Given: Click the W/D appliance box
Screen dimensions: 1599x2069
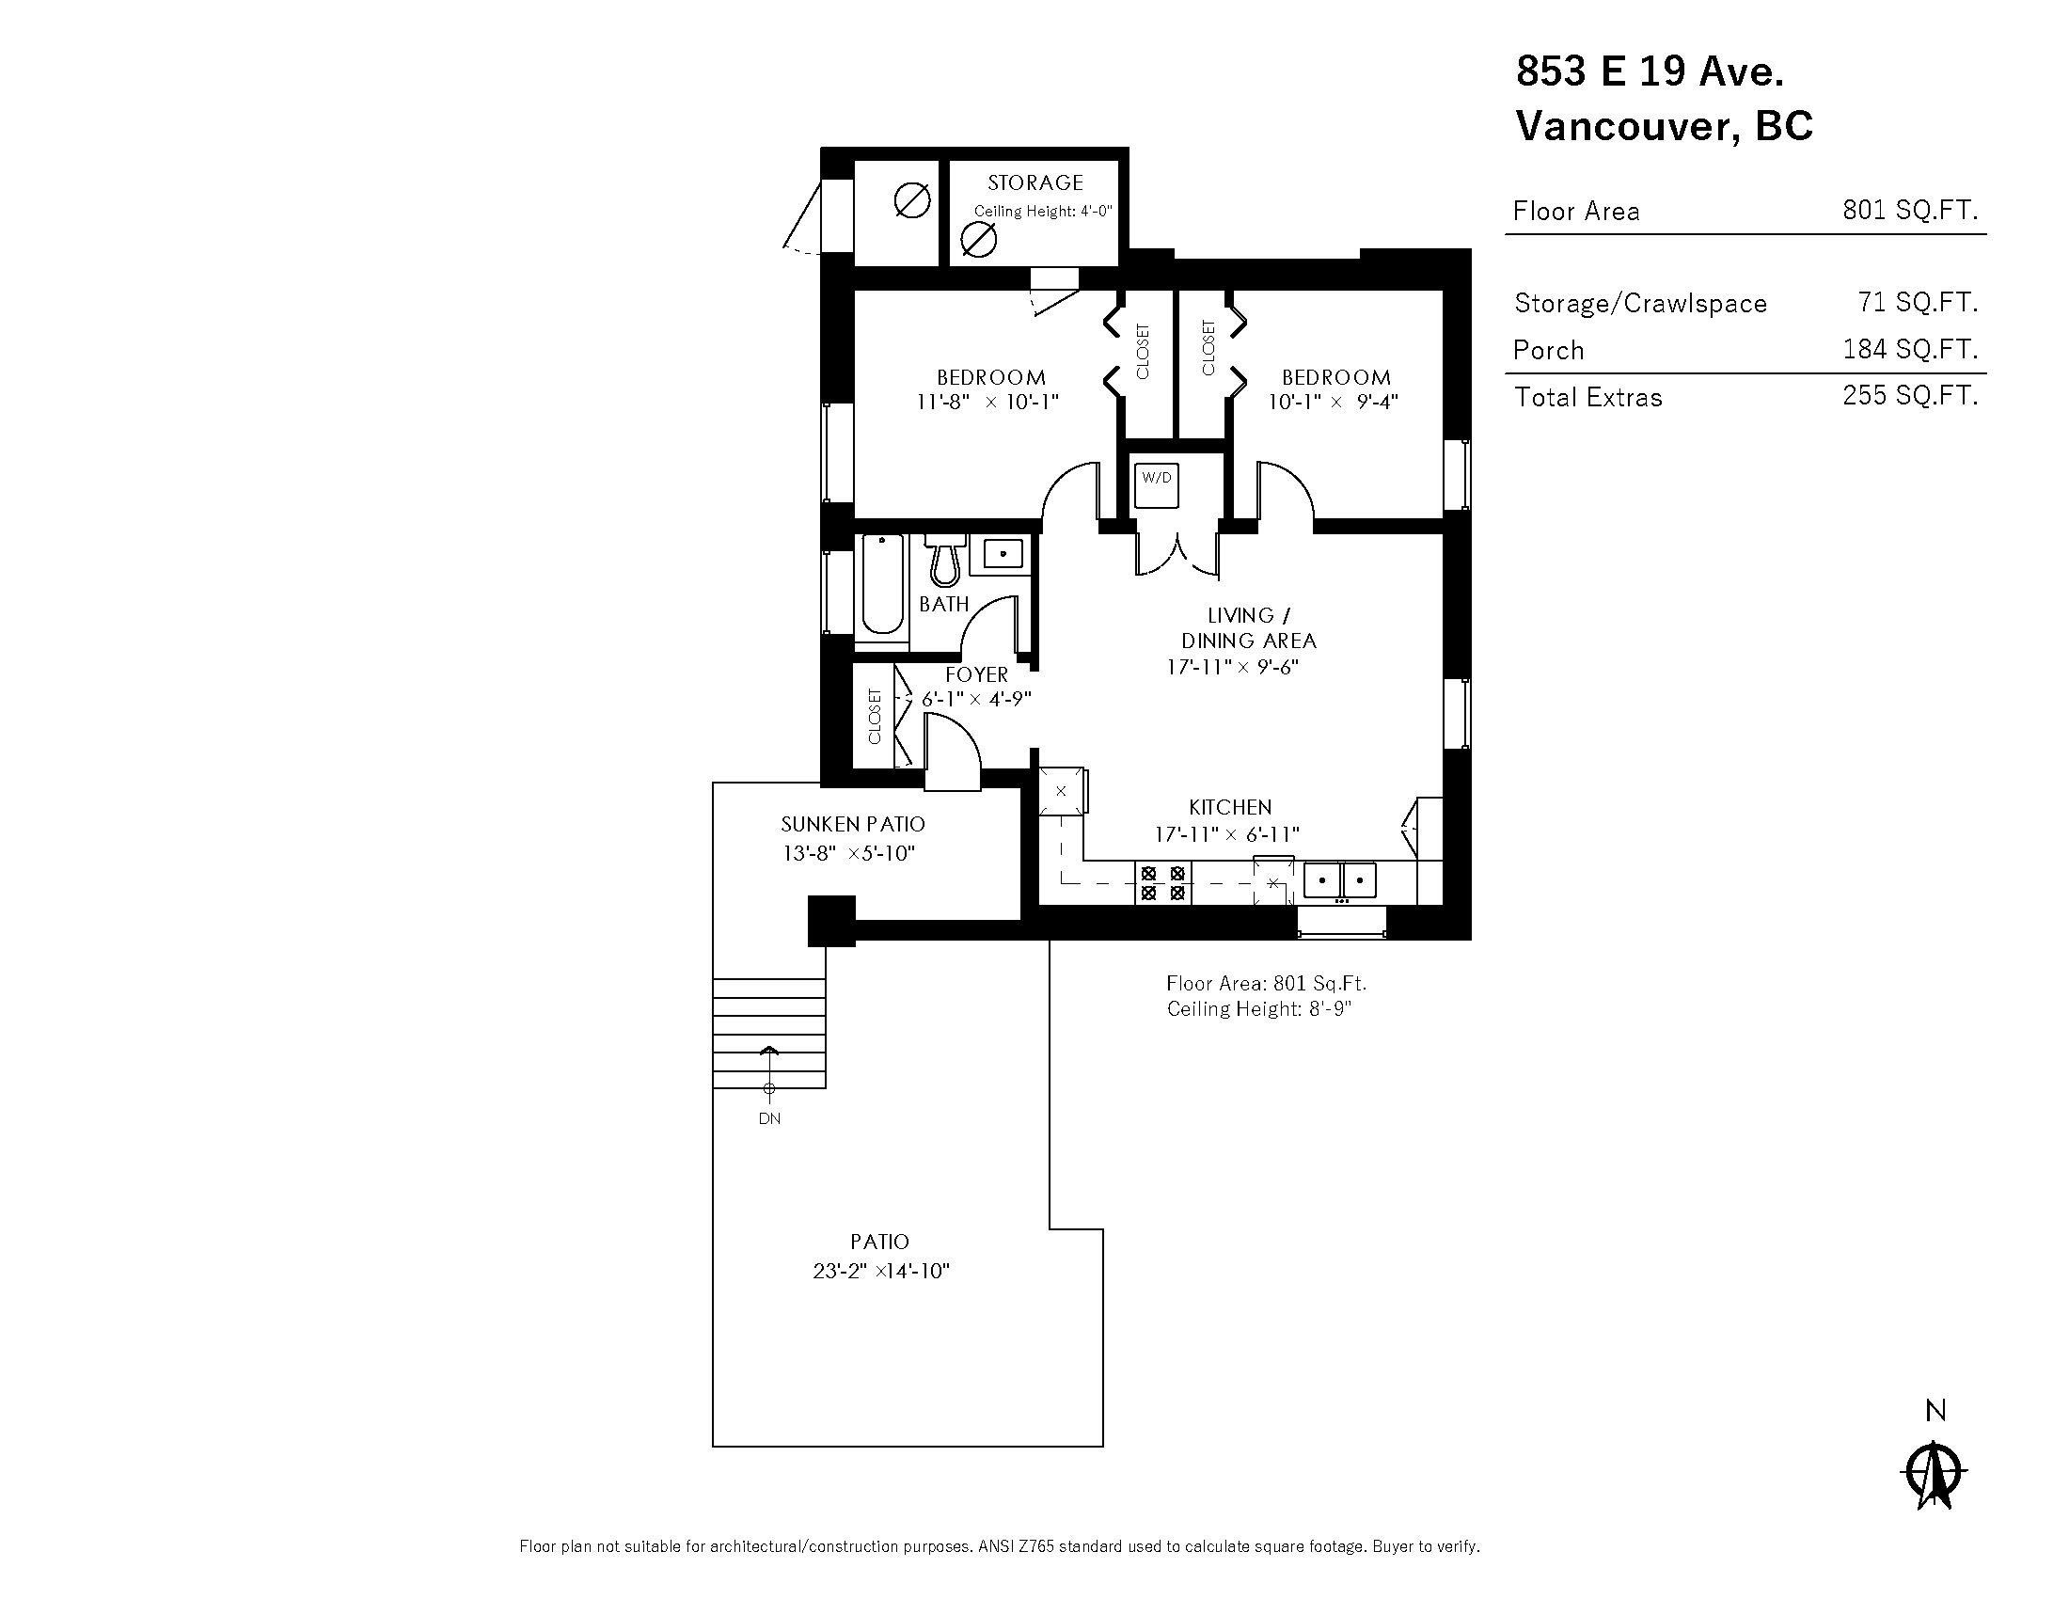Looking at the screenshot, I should [1156, 479].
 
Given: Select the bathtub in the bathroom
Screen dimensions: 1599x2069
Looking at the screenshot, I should [882, 584].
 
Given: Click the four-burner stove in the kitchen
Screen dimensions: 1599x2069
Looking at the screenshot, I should [1162, 883].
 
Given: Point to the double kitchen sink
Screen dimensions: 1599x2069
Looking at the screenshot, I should [1339, 880].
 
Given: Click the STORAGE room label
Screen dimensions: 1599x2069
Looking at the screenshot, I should [1034, 182].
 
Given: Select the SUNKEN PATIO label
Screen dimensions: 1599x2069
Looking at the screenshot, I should [853, 824].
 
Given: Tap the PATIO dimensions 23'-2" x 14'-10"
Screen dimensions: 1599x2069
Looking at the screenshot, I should [881, 1272].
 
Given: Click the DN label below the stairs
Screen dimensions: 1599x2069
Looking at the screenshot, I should [769, 1118].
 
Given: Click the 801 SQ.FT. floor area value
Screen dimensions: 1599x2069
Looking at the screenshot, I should [1910, 211].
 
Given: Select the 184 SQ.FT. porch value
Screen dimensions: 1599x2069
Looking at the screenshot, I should [1910, 350].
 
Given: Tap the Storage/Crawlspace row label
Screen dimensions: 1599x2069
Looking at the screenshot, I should [1640, 303].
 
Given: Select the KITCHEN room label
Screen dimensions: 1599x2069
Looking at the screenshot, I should [1230, 807].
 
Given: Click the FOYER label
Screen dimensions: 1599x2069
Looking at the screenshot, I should [977, 674].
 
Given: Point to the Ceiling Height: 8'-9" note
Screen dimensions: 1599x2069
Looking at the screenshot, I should [1259, 1009].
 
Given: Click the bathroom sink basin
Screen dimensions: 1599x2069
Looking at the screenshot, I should [1003, 553].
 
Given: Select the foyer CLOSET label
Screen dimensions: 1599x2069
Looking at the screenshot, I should [875, 716].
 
